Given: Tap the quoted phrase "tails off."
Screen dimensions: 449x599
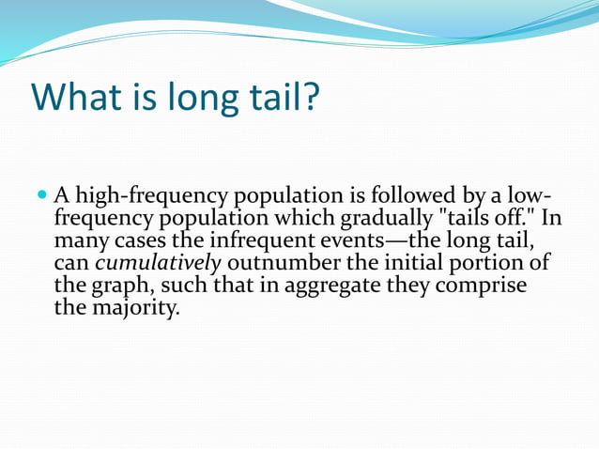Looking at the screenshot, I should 486,219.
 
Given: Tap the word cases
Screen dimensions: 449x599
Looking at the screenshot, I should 125,241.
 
